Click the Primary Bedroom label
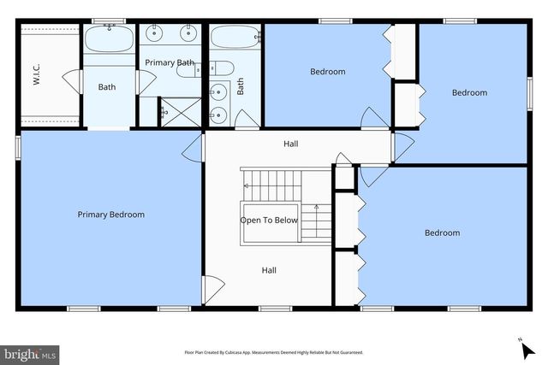(110, 215)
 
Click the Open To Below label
(268, 220)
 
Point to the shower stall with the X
(177, 110)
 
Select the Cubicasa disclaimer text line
(273, 352)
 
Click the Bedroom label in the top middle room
(327, 72)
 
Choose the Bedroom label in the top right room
(469, 92)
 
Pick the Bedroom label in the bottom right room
(442, 233)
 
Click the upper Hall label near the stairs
(290, 144)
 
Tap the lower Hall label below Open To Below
(269, 270)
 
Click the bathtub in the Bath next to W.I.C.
(108, 40)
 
